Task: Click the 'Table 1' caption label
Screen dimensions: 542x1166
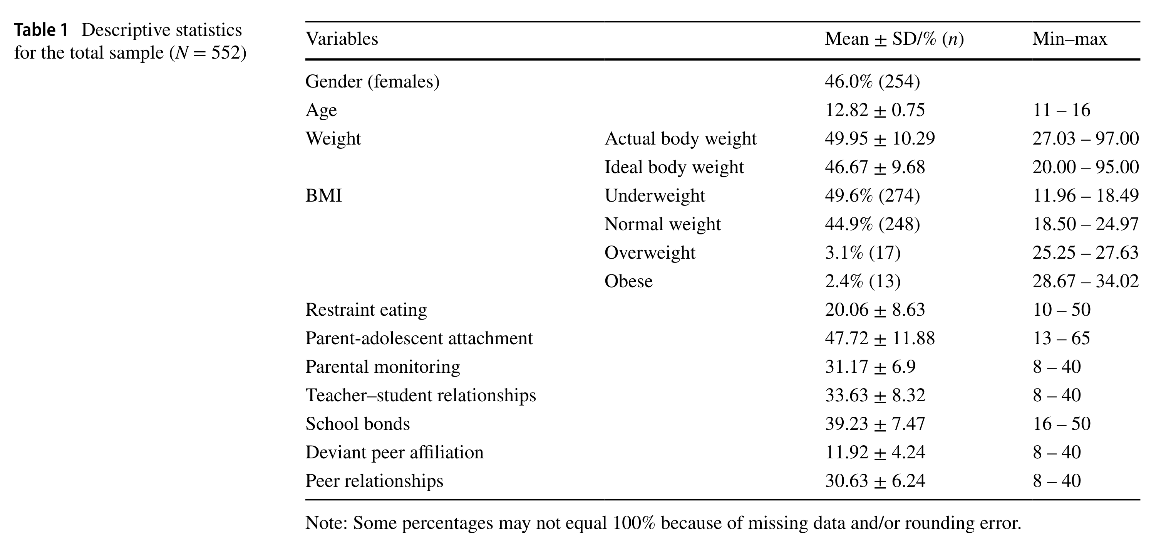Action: [41, 30]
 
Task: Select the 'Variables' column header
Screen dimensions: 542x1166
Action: [342, 39]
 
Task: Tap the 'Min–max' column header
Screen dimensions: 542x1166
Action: [1069, 39]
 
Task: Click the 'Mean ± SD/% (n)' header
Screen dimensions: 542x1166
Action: [894, 39]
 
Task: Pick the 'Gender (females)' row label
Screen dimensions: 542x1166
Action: [372, 82]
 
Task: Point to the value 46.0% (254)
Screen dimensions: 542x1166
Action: [872, 82]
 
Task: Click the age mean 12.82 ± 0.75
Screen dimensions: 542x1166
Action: [874, 110]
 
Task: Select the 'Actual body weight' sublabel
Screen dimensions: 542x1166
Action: [680, 139]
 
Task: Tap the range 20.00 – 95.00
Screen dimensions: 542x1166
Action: [1085, 167]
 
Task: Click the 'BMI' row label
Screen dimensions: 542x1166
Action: [323, 196]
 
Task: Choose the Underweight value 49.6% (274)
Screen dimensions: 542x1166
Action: [872, 196]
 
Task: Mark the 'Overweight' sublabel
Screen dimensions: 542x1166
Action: [650, 253]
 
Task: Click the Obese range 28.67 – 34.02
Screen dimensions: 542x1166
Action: [1085, 281]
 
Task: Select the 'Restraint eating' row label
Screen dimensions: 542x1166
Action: [366, 310]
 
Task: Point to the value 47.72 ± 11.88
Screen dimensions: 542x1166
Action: [879, 338]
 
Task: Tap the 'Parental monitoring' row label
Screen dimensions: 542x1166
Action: [382, 367]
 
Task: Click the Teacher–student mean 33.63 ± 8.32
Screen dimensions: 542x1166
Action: [874, 395]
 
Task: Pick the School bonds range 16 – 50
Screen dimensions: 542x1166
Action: [1061, 424]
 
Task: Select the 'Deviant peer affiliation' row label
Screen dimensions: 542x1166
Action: [394, 452]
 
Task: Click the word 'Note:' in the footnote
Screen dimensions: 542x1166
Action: [326, 523]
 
